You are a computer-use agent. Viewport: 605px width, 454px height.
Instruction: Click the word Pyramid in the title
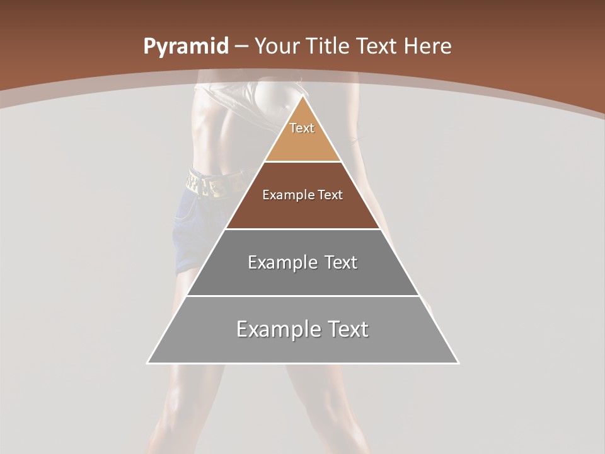pos(186,47)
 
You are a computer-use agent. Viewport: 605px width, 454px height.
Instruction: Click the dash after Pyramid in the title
pos(241,47)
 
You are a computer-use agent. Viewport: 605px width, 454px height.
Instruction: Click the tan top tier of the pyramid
pos(302,142)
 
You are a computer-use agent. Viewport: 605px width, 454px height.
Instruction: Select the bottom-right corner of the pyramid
pos(458,363)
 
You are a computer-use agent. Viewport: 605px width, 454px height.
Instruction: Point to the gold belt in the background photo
pos(208,183)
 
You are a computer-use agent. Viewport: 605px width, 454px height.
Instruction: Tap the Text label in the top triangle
pos(302,128)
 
